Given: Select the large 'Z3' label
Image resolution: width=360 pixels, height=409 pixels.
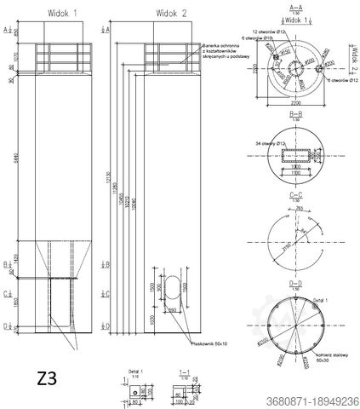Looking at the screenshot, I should (49, 377).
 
